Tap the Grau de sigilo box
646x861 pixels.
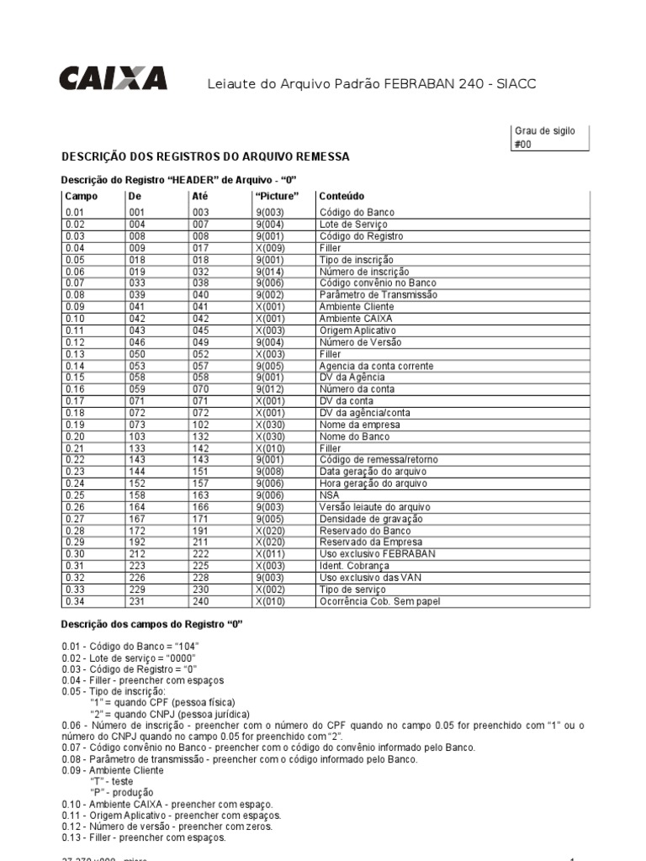[x=551, y=137]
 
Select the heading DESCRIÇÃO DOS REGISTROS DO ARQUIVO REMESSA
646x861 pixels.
[x=205, y=157]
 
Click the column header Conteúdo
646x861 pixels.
[x=342, y=196]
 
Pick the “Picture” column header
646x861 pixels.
[x=276, y=196]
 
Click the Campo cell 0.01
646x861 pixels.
[x=75, y=213]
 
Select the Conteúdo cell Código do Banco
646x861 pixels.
[x=357, y=213]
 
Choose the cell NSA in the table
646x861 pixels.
[x=329, y=495]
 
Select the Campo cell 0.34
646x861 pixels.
[x=75, y=601]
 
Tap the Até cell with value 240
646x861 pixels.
[x=202, y=601]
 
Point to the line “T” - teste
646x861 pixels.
[x=111, y=781]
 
